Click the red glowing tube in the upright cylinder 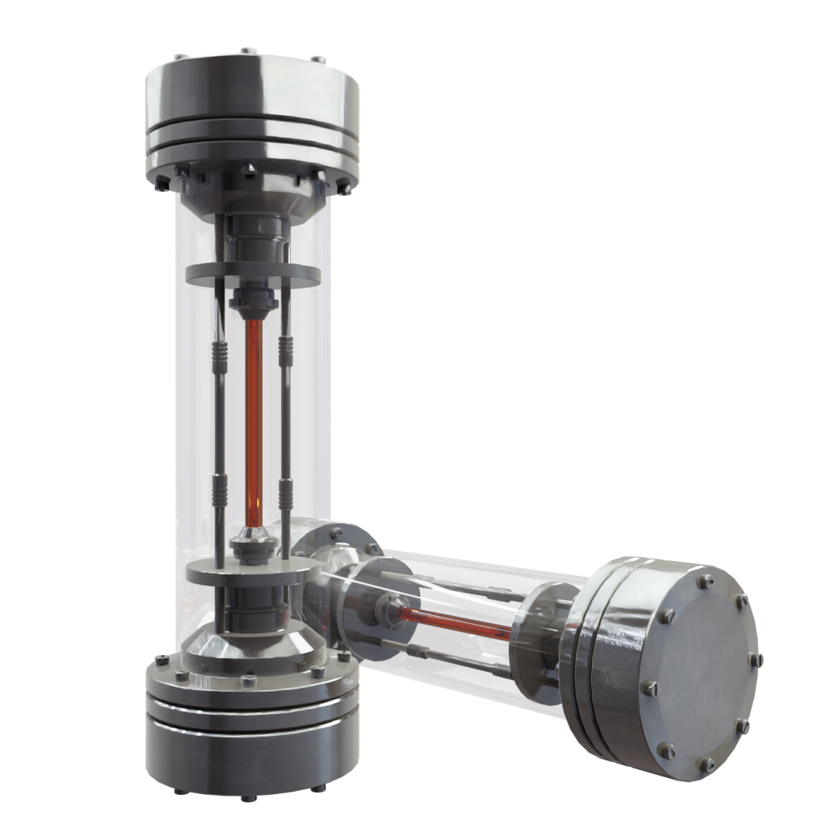pos(254,415)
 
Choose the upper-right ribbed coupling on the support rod pos(285,351)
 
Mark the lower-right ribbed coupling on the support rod pos(285,495)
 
